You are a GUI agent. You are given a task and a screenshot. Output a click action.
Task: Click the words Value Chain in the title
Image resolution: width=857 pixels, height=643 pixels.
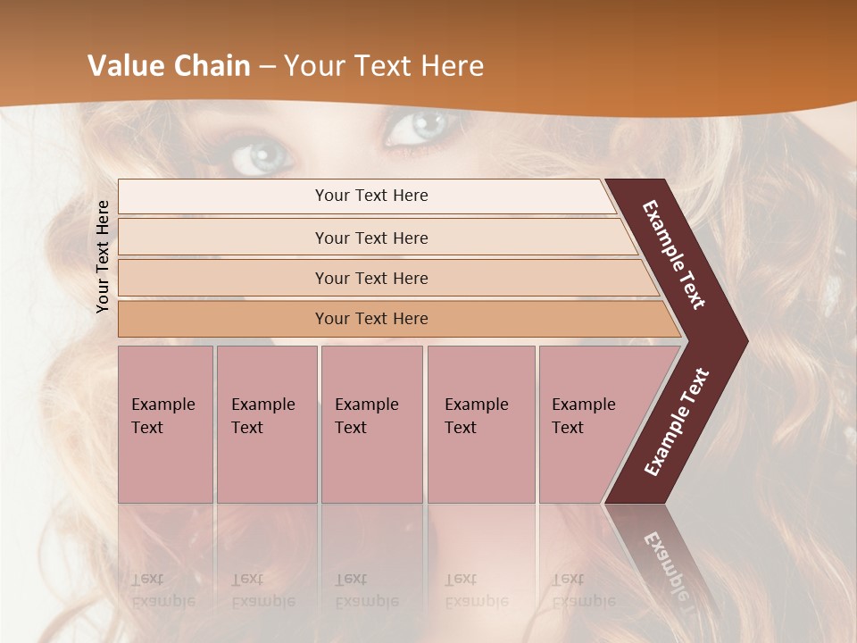coord(169,66)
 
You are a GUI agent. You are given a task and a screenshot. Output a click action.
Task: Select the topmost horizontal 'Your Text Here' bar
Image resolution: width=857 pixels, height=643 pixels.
coord(370,196)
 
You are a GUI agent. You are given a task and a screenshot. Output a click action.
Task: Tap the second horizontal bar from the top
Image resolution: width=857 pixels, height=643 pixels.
coord(370,238)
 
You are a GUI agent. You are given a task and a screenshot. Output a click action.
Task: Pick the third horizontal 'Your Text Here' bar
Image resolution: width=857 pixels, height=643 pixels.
coord(370,278)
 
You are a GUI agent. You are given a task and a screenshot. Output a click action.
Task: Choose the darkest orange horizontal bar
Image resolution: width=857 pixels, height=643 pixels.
coord(370,319)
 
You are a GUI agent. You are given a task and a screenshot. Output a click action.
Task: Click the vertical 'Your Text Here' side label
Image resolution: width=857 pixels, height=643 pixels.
coord(104,256)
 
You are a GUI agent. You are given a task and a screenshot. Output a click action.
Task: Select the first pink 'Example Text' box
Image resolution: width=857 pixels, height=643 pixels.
coord(165,424)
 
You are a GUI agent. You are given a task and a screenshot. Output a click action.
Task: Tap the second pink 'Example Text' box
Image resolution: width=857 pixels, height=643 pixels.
coord(266,424)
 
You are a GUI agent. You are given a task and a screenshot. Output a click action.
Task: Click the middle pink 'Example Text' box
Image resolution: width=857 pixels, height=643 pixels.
coord(370,424)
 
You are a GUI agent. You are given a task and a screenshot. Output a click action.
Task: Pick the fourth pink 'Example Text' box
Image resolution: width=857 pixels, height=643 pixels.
coord(480,424)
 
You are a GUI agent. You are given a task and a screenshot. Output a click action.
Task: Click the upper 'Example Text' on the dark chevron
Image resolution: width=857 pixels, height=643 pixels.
coord(674,255)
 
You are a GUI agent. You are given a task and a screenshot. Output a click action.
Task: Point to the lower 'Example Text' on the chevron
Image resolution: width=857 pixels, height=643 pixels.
coord(676,422)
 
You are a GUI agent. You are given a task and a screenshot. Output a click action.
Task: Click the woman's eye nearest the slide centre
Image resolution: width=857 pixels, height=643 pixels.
coord(416,126)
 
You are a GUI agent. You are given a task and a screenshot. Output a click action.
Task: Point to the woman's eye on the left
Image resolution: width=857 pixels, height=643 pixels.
coord(262,156)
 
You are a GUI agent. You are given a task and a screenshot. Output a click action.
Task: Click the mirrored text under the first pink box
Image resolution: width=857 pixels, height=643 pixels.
coord(162,590)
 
